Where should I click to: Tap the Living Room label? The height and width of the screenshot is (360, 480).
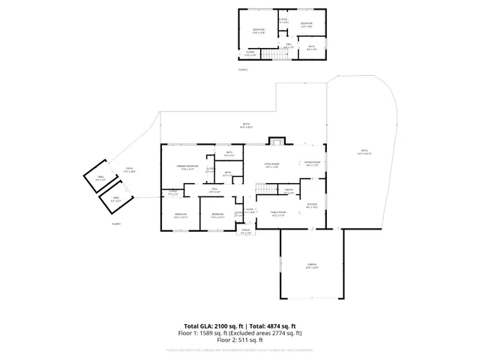271,164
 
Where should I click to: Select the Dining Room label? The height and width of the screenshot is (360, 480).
312,163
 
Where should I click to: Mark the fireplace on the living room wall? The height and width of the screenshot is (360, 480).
277,142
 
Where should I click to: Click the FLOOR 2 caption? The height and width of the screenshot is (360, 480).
243,69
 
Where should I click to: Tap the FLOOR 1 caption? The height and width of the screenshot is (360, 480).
116,223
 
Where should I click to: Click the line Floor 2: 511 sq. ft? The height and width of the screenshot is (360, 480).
240,338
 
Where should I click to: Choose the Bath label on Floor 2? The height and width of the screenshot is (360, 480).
312,49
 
